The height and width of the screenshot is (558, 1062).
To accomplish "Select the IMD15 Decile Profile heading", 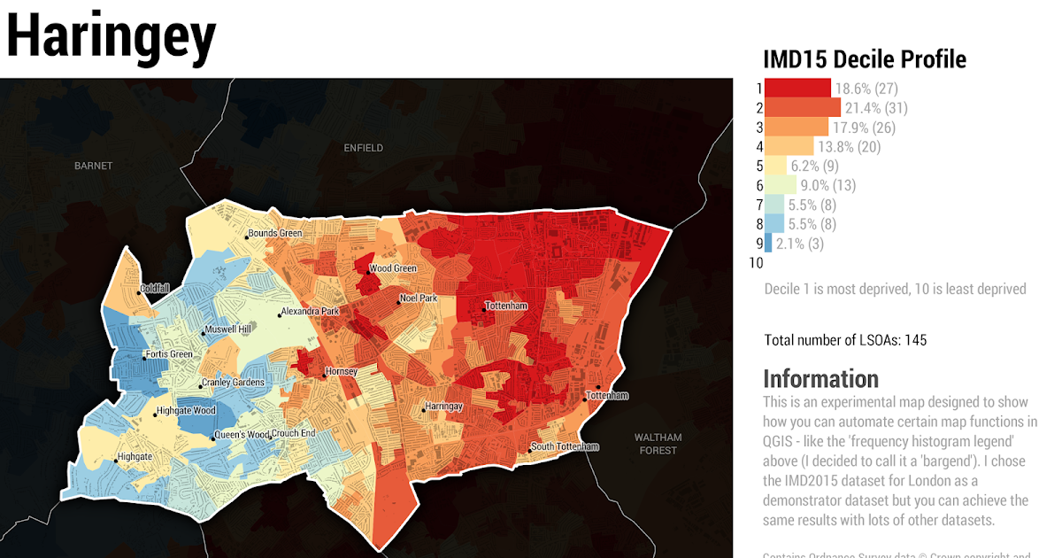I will tap(864, 59).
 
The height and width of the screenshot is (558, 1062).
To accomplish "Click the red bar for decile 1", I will tap(797, 89).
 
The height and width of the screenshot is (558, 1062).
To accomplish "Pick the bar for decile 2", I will tap(802, 108).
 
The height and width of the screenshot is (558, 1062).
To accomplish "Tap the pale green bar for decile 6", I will tap(781, 185).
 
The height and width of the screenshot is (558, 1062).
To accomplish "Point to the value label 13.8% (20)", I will tap(849, 147).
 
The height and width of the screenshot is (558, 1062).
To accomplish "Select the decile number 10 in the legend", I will tap(756, 263).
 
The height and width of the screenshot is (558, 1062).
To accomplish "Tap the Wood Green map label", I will tap(392, 268).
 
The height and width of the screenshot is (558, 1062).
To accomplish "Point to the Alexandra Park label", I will tap(309, 312).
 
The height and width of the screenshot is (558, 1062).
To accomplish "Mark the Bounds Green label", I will tap(274, 234).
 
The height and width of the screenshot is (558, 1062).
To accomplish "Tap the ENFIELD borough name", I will tap(364, 148).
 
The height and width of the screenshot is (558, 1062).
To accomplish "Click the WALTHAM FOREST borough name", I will tap(658, 444).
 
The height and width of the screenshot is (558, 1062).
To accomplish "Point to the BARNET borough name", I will tap(94, 166).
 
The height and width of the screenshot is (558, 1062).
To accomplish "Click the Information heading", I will tap(820, 379).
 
